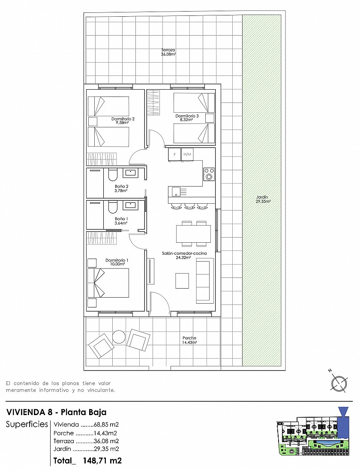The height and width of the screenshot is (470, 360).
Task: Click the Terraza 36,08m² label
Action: [x=168, y=52]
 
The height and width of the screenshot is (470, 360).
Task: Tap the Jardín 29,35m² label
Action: [x=263, y=199]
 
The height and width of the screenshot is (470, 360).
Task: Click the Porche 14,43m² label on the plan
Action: [x=189, y=340]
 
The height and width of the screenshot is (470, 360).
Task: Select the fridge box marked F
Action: [x=175, y=154]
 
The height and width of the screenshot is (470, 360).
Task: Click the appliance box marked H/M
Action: [x=187, y=154]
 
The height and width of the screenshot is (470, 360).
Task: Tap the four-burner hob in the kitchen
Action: [x=209, y=174]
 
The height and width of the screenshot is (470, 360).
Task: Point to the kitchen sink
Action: [x=177, y=192]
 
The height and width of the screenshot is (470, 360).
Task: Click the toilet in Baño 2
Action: [x=112, y=175]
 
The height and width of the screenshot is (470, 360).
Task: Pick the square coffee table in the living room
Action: [x=182, y=280]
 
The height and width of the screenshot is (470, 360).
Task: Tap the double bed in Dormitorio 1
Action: [x=108, y=283]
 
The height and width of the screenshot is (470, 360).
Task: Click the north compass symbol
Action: [x=339, y=383]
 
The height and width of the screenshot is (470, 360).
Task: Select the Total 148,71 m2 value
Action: [x=87, y=460]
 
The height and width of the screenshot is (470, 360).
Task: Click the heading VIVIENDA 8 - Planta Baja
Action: [x=56, y=412]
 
